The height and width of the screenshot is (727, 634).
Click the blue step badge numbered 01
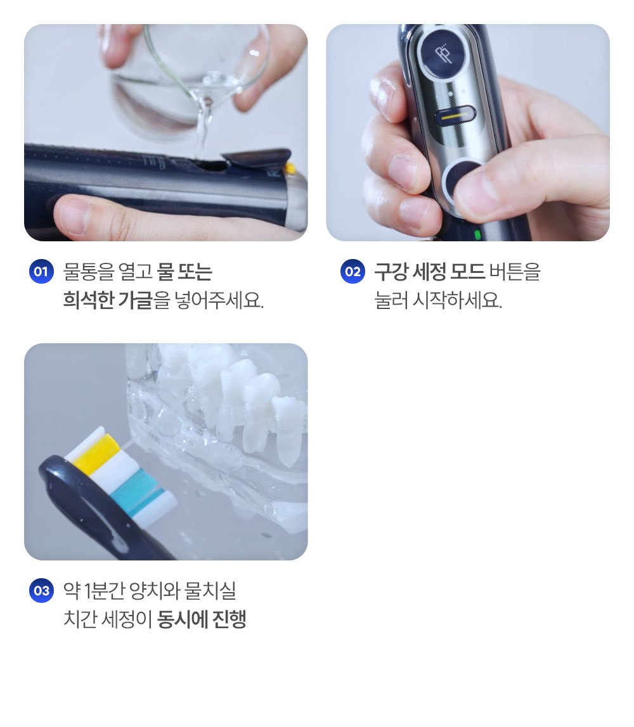(x=41, y=271)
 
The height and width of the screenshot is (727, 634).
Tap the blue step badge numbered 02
(x=353, y=271)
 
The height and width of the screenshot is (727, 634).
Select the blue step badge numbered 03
(x=41, y=591)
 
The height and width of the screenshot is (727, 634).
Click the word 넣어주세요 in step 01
(x=219, y=300)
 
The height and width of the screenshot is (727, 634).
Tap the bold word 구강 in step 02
(x=391, y=271)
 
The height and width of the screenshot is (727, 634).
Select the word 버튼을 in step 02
(x=515, y=271)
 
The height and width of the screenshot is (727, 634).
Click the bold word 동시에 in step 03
(x=183, y=619)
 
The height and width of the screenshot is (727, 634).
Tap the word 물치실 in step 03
(x=210, y=591)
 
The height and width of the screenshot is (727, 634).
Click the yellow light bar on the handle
(x=456, y=116)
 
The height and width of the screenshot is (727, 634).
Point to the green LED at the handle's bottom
(x=477, y=234)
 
